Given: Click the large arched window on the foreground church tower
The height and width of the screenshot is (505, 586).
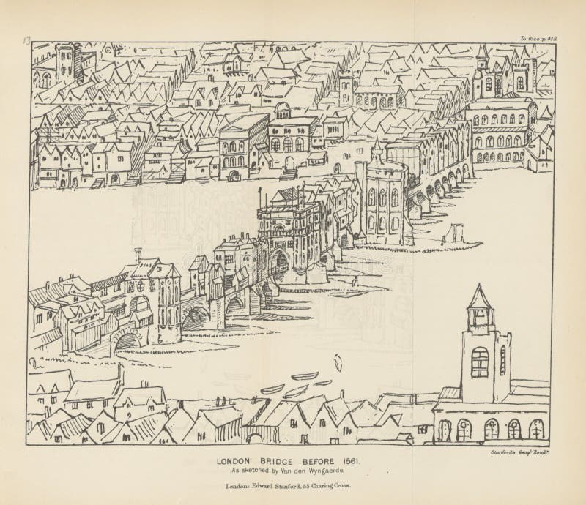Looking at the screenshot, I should pos(480,362).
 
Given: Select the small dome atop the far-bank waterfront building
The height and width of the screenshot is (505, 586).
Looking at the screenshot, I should pos(283,111).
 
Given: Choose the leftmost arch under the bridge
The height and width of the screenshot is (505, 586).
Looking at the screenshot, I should pos(127,341).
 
